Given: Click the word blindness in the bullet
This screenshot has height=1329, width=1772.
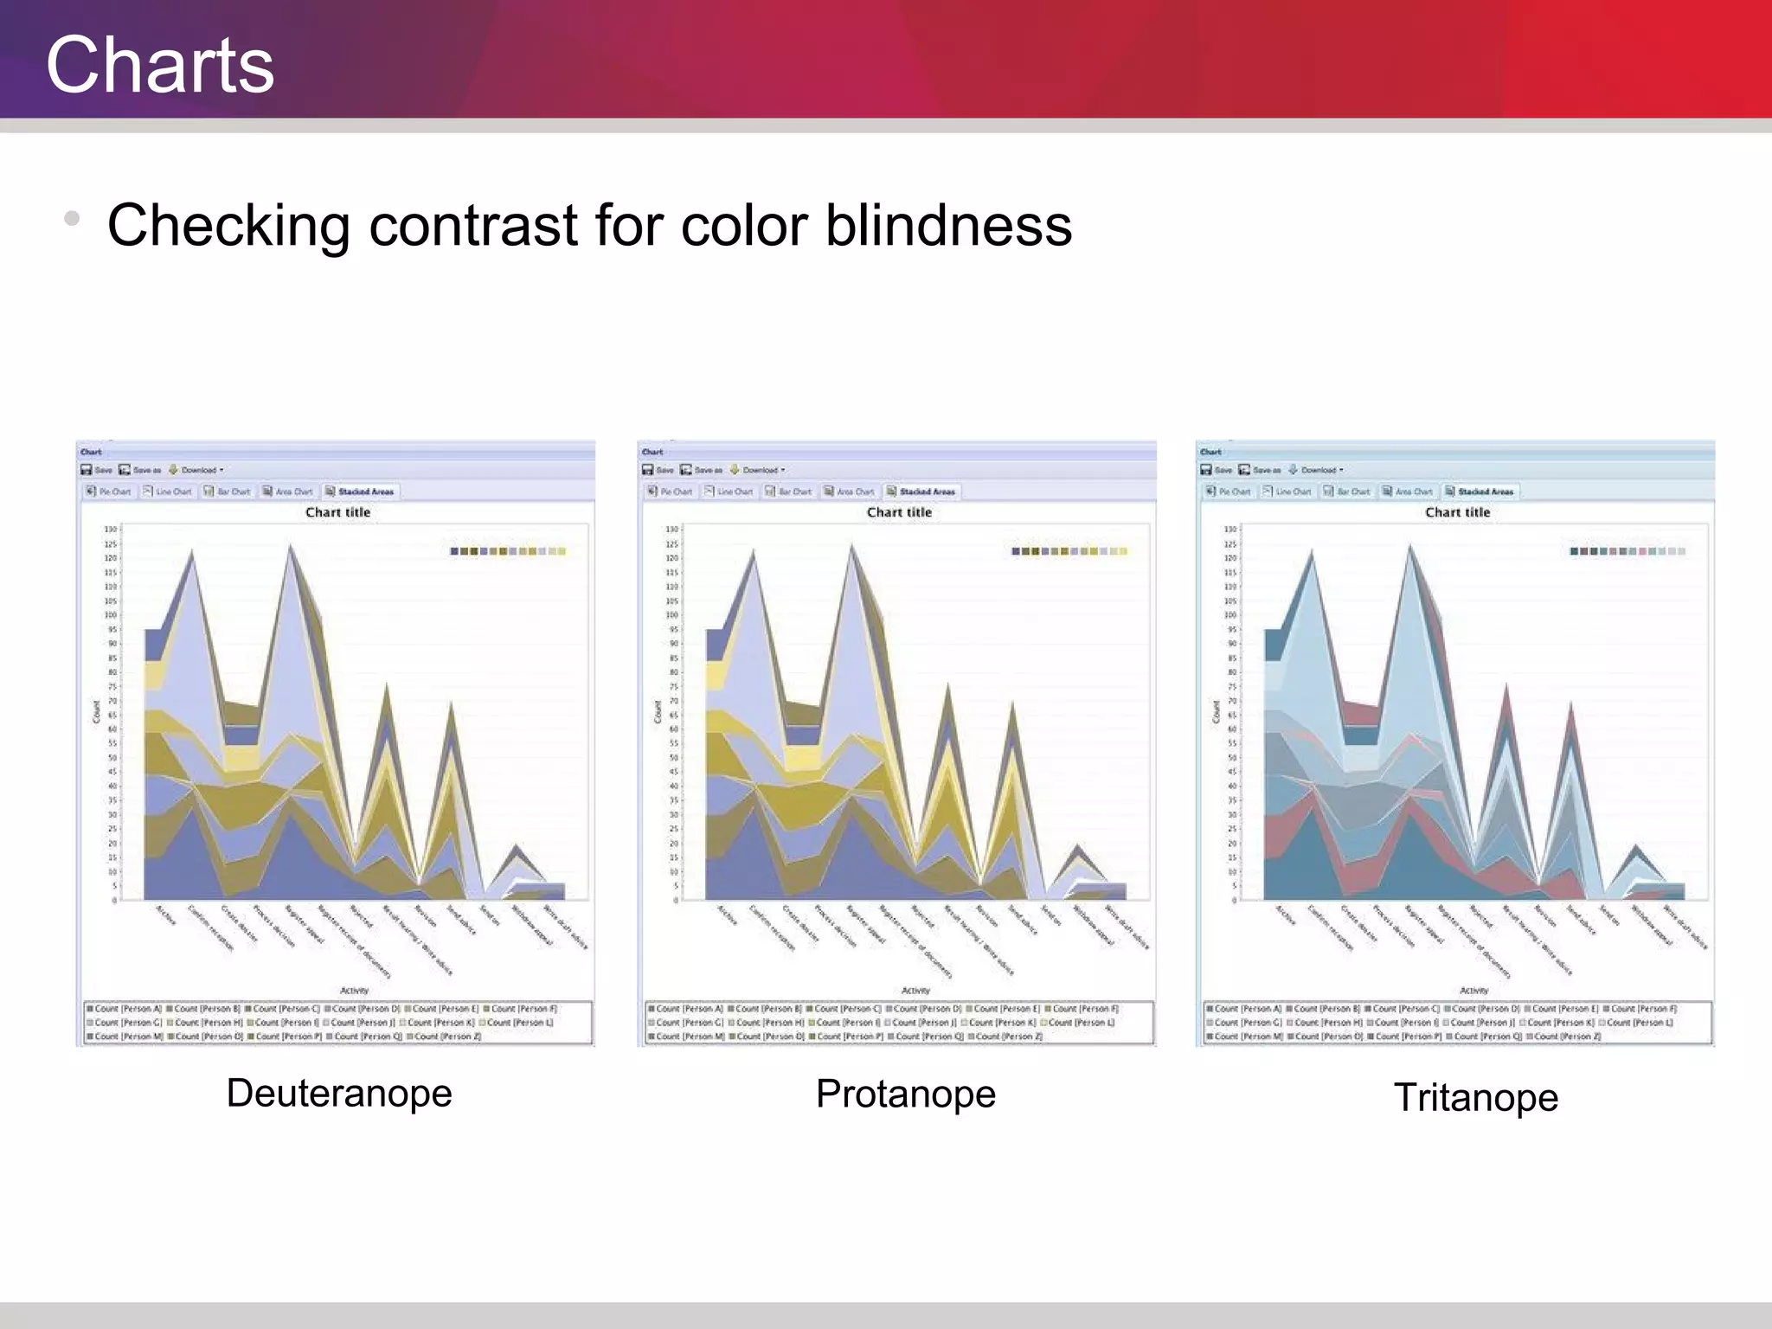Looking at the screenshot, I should [x=948, y=226].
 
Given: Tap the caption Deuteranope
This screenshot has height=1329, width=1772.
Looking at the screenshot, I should [x=339, y=1093].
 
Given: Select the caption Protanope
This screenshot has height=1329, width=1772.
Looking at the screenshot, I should [x=906, y=1094].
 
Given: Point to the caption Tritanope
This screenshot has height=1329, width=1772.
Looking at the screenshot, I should [x=1476, y=1097].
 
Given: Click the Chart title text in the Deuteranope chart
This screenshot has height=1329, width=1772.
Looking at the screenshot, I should [x=337, y=512].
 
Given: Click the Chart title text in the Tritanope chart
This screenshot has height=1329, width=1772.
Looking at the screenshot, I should [x=1458, y=512].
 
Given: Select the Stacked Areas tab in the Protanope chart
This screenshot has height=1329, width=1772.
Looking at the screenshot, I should [x=924, y=491].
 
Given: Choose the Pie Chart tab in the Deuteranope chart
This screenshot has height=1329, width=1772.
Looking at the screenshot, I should [x=109, y=491].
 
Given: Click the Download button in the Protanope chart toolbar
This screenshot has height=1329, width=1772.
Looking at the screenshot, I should [x=759, y=470].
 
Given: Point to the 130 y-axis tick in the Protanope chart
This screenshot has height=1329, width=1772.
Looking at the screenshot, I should [x=671, y=530].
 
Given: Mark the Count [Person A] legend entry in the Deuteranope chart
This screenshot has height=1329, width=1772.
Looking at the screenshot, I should [x=125, y=1009].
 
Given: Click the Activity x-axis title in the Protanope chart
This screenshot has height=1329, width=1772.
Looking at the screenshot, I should [x=915, y=991].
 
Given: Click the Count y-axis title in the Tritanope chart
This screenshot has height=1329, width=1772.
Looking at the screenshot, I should [x=1216, y=712].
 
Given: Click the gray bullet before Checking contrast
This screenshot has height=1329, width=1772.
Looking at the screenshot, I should [x=72, y=218].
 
